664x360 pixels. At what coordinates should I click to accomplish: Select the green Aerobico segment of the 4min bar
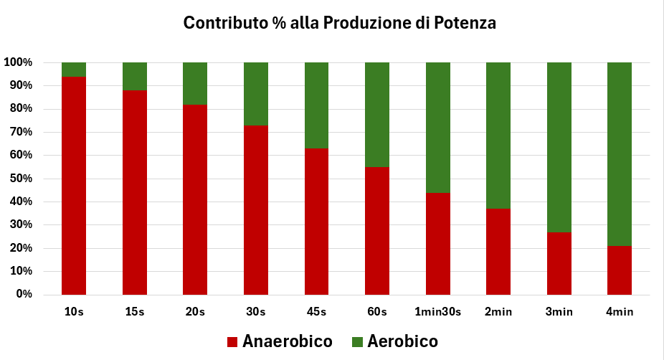(x=620, y=153)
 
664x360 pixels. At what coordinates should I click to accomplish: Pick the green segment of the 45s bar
(x=317, y=105)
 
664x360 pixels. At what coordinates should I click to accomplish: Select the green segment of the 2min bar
(x=498, y=136)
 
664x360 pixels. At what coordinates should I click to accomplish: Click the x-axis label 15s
(x=135, y=312)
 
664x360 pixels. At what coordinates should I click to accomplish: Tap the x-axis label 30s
(x=256, y=312)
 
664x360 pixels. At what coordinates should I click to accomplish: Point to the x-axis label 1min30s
(x=438, y=312)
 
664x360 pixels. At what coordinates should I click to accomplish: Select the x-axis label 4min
(x=620, y=312)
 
